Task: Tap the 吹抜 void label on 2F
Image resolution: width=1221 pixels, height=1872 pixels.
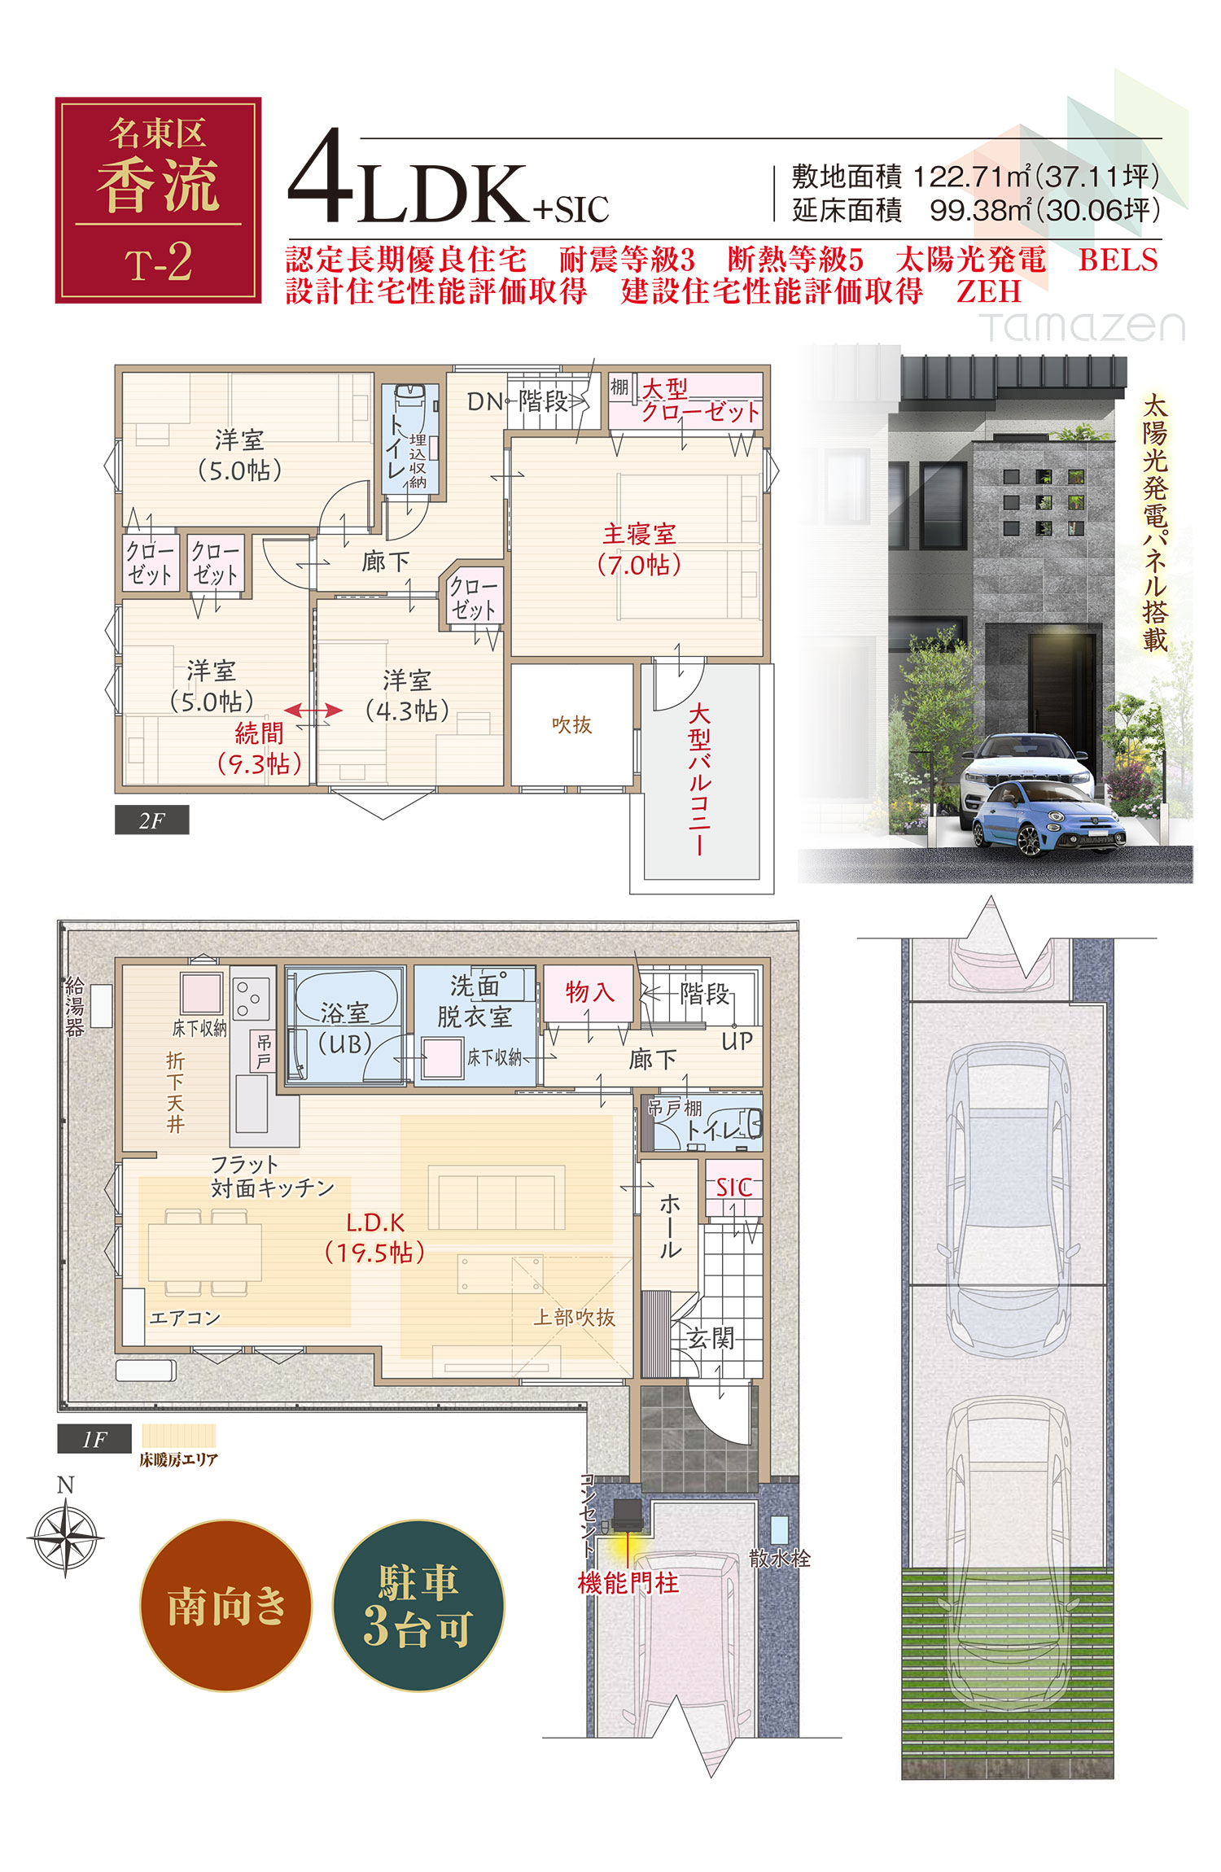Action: (x=571, y=724)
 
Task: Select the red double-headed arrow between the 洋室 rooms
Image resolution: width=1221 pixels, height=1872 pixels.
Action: (x=313, y=711)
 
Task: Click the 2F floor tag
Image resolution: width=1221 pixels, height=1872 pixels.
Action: (x=152, y=820)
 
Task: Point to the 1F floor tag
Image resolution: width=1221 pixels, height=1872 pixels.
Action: (x=94, y=1439)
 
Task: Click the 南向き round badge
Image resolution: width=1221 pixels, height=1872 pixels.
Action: (x=226, y=1606)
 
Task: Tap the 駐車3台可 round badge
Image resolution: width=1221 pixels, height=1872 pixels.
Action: (x=418, y=1606)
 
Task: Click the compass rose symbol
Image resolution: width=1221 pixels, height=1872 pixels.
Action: (x=65, y=1538)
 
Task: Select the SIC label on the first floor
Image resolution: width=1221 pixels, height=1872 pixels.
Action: (x=733, y=1187)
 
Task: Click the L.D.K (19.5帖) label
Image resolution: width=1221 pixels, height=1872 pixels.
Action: (x=375, y=1237)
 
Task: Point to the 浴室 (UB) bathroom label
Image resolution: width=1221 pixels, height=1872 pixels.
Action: (x=344, y=1028)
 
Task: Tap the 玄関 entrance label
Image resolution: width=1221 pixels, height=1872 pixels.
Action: (x=711, y=1338)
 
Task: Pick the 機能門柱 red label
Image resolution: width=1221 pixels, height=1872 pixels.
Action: (x=628, y=1583)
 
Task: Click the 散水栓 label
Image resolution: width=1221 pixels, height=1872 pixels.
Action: (x=780, y=1559)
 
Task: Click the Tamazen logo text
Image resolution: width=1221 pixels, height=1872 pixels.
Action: (x=1083, y=327)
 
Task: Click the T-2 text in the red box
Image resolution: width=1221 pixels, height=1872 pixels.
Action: (x=159, y=263)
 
